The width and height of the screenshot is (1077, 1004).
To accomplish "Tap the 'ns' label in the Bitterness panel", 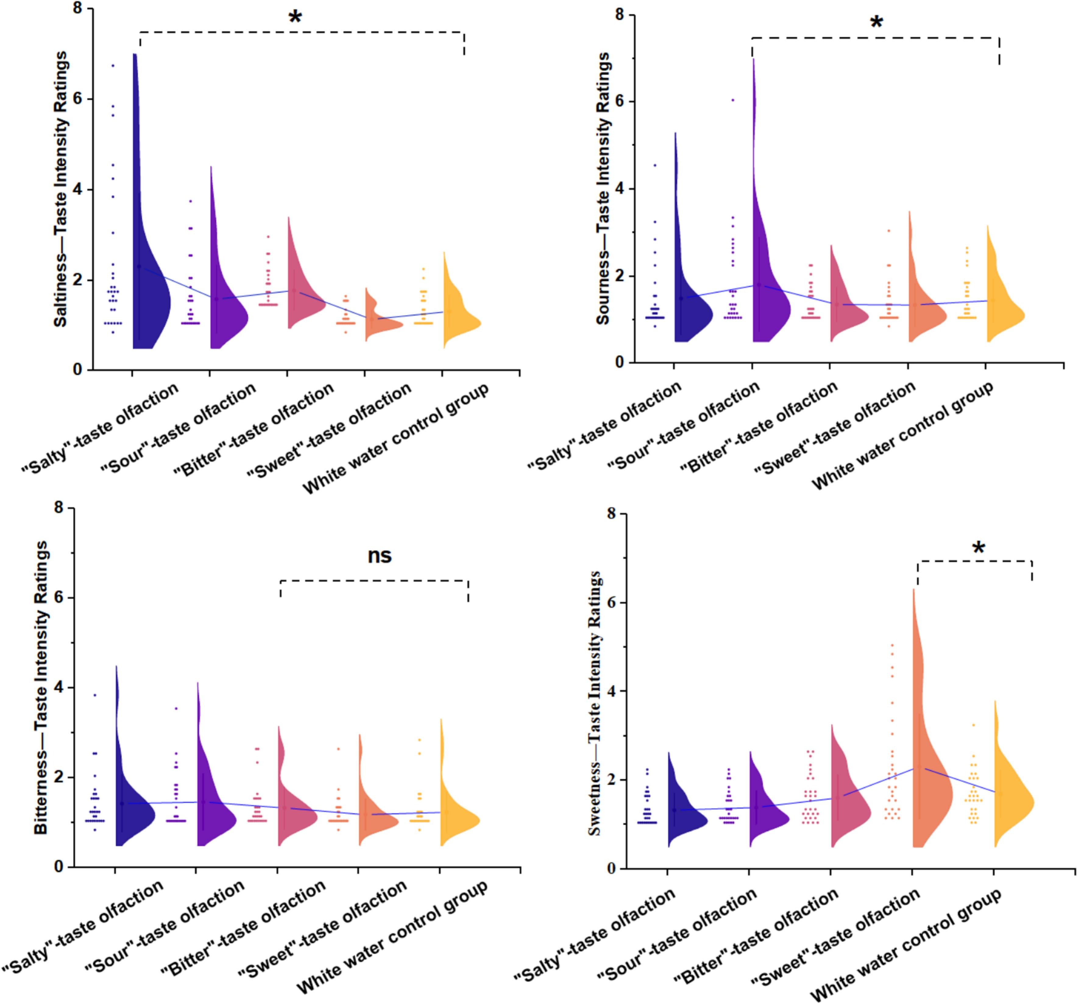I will [x=379, y=556].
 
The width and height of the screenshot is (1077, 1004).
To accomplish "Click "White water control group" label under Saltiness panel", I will [x=395, y=438].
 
